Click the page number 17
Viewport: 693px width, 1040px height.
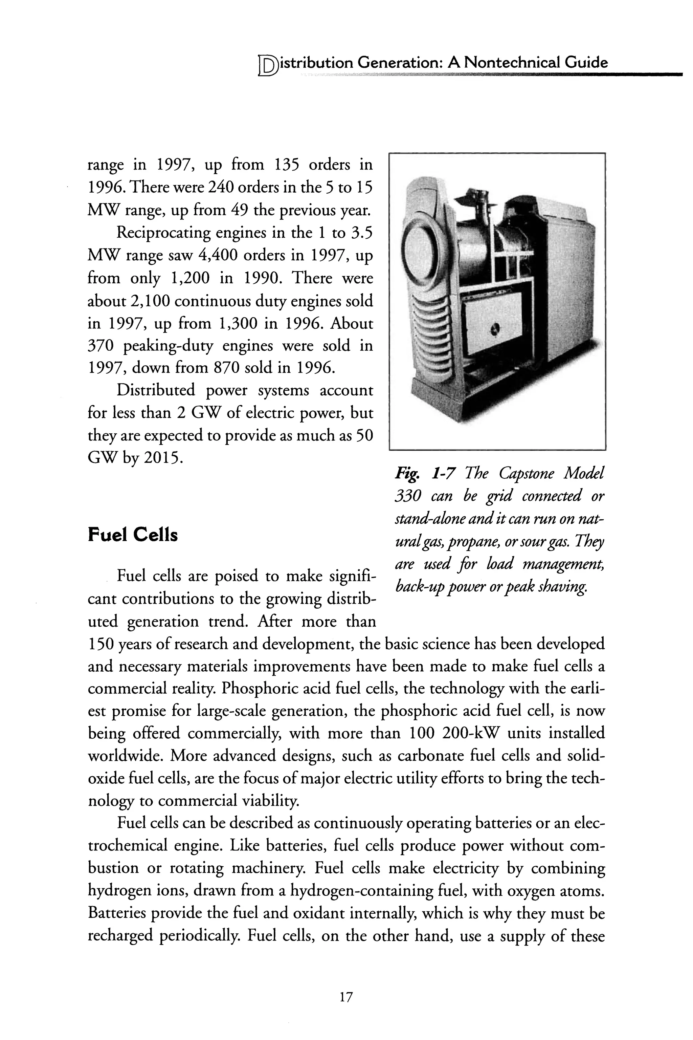coord(346,997)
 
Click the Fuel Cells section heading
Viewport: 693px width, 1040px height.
coord(133,535)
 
